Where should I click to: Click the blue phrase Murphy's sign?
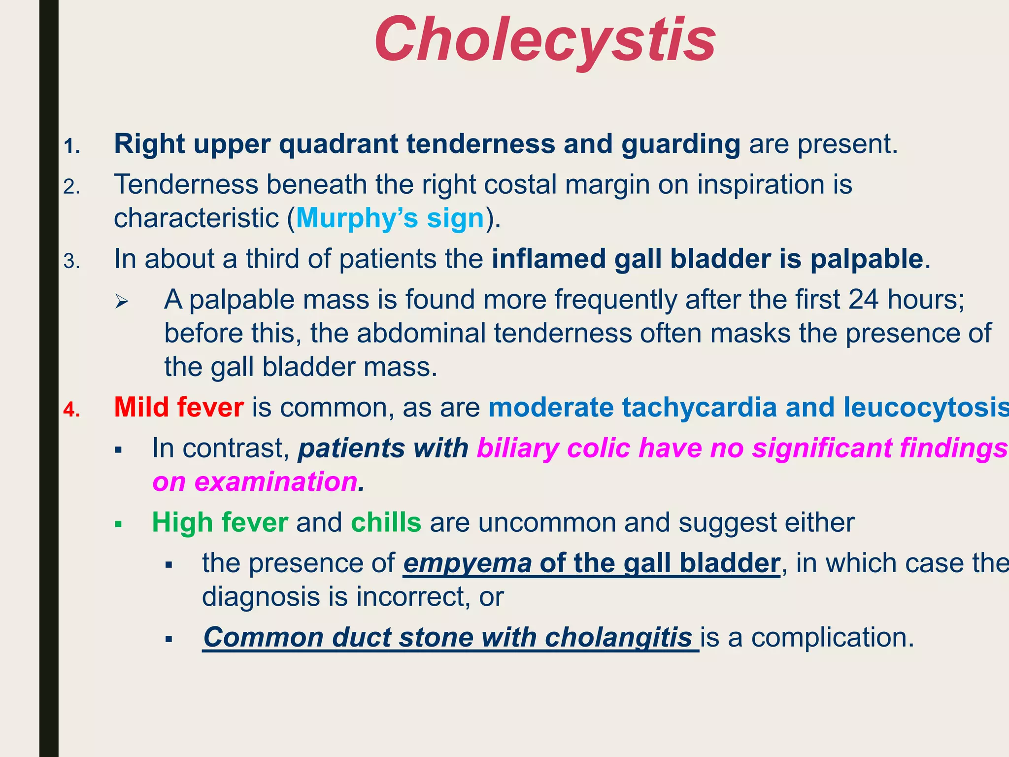[x=390, y=218]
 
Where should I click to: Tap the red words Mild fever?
[x=179, y=408]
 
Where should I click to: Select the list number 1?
[x=71, y=146]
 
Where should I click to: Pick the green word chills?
[x=386, y=522]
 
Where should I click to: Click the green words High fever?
[x=220, y=522]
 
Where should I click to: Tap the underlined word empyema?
[x=467, y=563]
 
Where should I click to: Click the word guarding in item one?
[x=680, y=144]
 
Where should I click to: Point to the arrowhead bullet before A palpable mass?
[x=121, y=301]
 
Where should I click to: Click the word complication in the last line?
[x=832, y=637]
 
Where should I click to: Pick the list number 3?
[x=71, y=261]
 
